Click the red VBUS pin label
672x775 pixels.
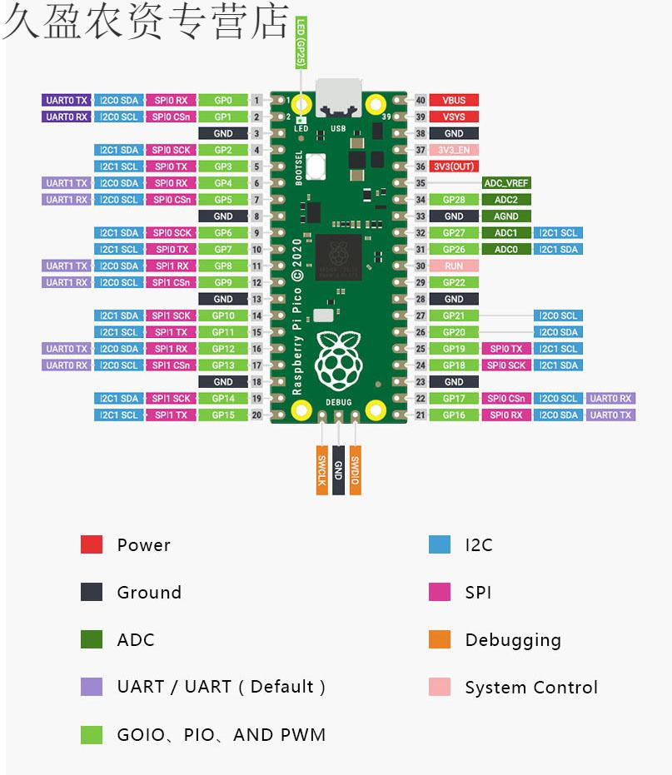[x=454, y=101]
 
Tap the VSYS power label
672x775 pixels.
[x=454, y=117]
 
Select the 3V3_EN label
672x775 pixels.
[x=454, y=150]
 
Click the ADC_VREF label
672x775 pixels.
[x=506, y=183]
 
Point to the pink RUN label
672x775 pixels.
[x=454, y=266]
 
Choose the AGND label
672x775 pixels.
[x=506, y=216]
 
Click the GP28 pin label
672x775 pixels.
[x=454, y=200]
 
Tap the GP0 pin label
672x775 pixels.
[x=223, y=101]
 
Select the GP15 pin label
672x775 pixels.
[x=223, y=415]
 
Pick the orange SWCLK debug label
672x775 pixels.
[x=322, y=470]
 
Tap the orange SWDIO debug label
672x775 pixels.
[x=356, y=470]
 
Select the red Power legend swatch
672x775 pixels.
[x=92, y=544]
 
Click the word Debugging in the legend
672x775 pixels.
[x=513, y=640]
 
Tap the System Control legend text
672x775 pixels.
[x=531, y=688]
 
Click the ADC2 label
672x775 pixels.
[x=506, y=200]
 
